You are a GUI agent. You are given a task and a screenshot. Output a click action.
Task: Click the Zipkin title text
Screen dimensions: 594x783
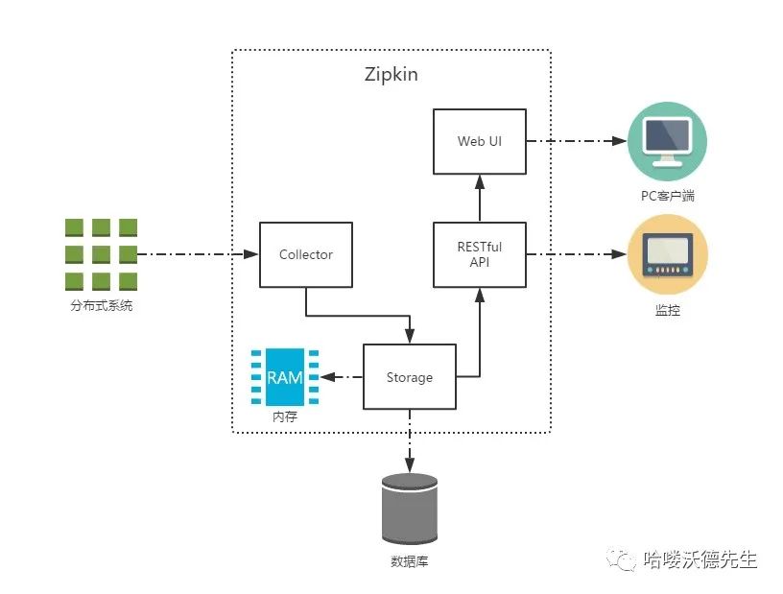(391, 75)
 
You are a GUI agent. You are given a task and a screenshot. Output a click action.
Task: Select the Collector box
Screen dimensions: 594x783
(306, 254)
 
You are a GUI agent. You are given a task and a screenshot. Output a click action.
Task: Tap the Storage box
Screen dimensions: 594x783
(410, 377)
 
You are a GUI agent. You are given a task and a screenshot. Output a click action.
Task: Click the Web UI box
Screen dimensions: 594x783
(480, 141)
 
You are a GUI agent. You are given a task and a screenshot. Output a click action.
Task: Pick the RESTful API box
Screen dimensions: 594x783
(480, 254)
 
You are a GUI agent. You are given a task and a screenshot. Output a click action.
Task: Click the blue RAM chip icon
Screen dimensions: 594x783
(284, 377)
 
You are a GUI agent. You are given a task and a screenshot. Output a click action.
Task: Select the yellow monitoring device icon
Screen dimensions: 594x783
(667, 254)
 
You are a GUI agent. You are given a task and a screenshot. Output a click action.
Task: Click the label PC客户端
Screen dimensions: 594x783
(667, 197)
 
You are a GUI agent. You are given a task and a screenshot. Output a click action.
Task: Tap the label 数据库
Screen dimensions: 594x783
(410, 561)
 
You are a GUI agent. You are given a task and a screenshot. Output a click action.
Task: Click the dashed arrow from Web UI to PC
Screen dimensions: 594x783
(576, 141)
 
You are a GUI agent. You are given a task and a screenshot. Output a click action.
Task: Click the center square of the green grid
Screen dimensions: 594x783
(101, 254)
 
